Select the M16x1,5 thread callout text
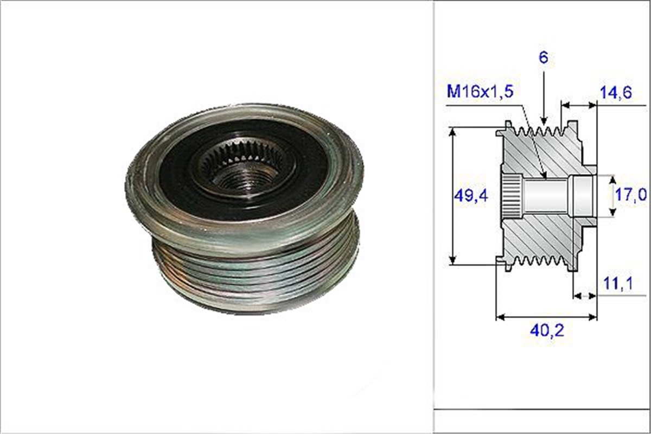(x=479, y=92)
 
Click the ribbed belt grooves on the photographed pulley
(x=255, y=271)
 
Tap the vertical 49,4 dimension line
(x=452, y=163)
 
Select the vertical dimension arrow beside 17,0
(x=613, y=195)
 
